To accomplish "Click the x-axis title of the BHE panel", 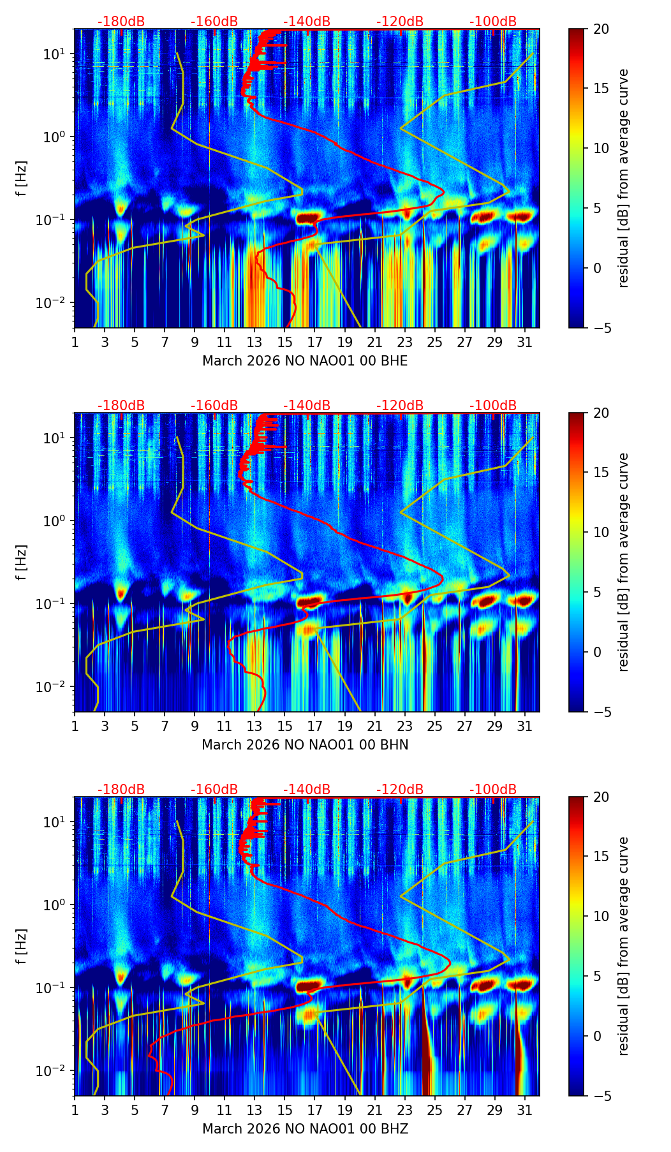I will (x=305, y=361).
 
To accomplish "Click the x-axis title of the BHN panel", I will (x=305, y=745).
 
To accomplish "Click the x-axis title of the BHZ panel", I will (x=305, y=1129).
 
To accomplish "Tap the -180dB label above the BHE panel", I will (x=121, y=22).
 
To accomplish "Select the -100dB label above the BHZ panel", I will (x=493, y=790).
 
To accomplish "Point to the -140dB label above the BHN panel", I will (x=307, y=406).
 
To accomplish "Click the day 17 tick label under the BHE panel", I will (x=314, y=342).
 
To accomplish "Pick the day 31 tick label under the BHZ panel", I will (x=524, y=1110).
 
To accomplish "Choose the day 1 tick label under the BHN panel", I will (x=75, y=726).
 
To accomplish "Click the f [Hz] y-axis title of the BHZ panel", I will (x=22, y=947).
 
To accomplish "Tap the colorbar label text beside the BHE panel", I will (x=623, y=179).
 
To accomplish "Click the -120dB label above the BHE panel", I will (x=400, y=22).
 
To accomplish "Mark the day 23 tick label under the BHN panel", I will (x=404, y=726).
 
